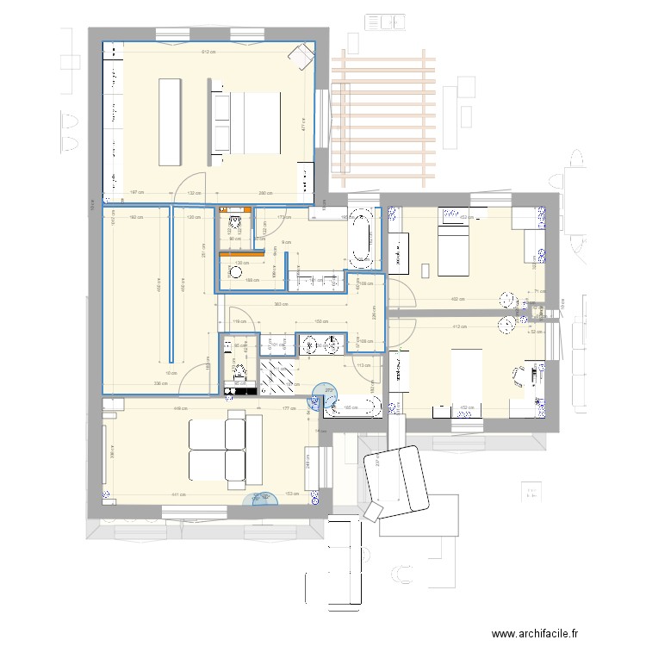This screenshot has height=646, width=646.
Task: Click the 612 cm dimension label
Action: [208, 53]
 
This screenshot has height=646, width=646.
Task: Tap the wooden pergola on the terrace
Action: [384, 117]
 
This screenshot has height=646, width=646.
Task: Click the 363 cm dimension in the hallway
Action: [281, 304]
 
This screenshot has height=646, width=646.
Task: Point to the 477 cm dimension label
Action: [303, 125]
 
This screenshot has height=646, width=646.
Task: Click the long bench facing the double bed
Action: [169, 121]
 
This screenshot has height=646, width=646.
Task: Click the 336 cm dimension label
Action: [159, 384]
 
